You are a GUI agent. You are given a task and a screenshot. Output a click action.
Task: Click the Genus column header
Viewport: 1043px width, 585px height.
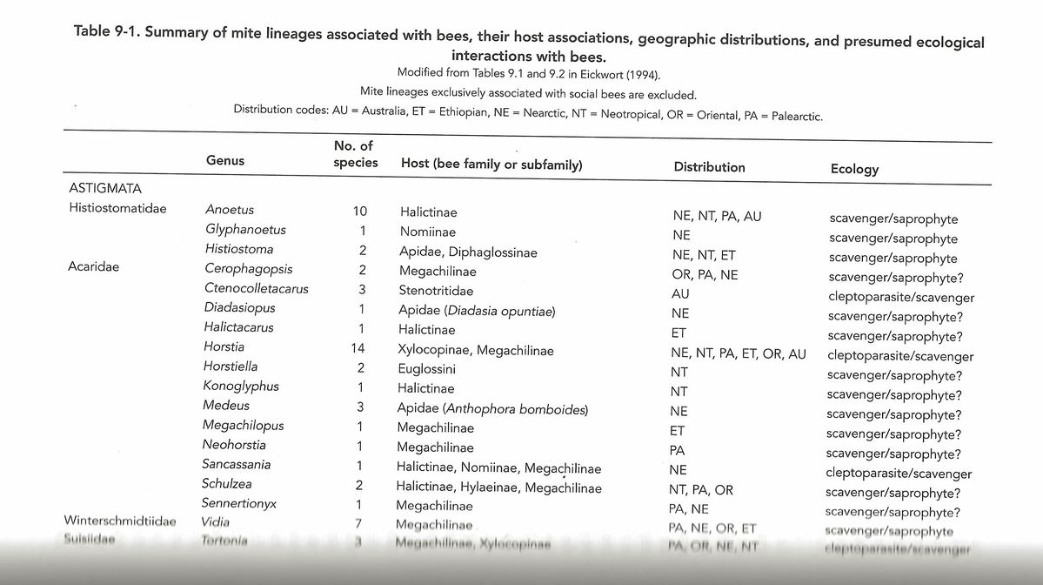pyautogui.click(x=224, y=160)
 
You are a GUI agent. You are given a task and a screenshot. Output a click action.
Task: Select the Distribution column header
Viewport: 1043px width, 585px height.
pyautogui.click(x=709, y=167)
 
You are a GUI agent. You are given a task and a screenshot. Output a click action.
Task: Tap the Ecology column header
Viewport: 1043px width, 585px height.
pyautogui.click(x=854, y=170)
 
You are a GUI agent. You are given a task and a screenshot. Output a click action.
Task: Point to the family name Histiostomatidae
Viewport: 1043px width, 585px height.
pyautogui.click(x=117, y=209)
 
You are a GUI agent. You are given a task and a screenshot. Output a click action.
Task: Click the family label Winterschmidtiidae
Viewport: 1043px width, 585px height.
pyautogui.click(x=120, y=521)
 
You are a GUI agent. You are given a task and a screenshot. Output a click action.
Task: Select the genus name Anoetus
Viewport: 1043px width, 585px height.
pyautogui.click(x=230, y=210)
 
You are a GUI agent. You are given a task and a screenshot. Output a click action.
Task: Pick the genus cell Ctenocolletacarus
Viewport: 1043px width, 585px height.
pyautogui.click(x=256, y=288)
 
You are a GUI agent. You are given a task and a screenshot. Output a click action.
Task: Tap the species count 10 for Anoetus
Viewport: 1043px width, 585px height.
pyautogui.click(x=360, y=212)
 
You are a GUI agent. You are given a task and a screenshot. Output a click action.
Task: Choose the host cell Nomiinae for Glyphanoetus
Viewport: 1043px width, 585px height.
pyautogui.click(x=428, y=232)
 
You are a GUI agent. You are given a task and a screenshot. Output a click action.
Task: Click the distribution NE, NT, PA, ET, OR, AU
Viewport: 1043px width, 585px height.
pyautogui.click(x=739, y=354)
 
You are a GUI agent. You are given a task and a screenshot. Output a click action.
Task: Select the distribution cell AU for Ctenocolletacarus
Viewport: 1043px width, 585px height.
pyautogui.click(x=680, y=294)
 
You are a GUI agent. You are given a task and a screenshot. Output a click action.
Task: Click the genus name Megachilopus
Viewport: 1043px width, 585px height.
pyautogui.click(x=243, y=426)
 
